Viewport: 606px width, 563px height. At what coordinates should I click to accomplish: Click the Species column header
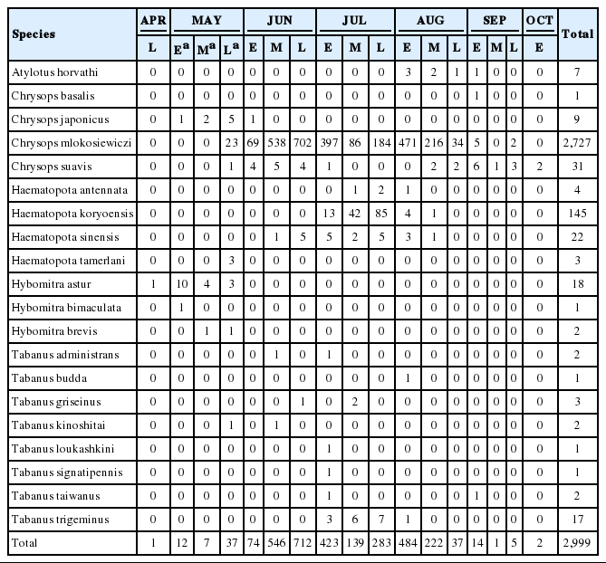tap(34, 34)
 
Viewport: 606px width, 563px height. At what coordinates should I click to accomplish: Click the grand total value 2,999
tap(578, 542)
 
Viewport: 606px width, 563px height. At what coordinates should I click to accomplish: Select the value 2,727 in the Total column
tap(578, 142)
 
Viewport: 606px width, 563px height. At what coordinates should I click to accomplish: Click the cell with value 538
tap(275, 142)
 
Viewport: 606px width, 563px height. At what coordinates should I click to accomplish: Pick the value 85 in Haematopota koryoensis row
tap(380, 213)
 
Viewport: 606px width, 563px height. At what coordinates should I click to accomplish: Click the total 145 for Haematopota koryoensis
tap(578, 213)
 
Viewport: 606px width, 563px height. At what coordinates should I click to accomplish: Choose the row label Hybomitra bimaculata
tap(54, 307)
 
